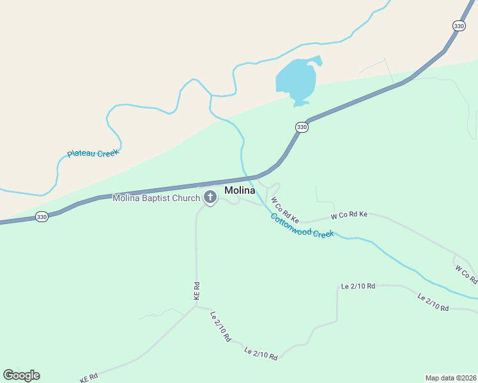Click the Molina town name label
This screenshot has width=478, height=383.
(240, 190)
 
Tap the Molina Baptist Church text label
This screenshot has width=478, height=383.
(157, 198)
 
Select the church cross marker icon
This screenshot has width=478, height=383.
(210, 197)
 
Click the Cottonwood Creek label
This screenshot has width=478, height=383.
(302, 225)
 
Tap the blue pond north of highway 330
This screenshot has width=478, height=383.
(297, 80)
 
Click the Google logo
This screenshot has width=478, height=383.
(21, 375)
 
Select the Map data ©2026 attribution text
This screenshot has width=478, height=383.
(451, 377)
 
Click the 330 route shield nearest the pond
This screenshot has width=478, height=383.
(302, 128)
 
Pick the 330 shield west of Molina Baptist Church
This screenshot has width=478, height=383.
(42, 216)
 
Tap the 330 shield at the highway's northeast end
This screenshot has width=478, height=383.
(459, 26)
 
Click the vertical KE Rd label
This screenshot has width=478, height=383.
(197, 290)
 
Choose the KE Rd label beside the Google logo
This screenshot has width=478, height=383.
(89, 378)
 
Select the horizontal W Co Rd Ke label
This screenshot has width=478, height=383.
(349, 214)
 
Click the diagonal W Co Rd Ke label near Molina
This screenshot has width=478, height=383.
(285, 209)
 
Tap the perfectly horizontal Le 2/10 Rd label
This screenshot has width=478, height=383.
(359, 286)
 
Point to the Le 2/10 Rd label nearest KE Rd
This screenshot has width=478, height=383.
(220, 326)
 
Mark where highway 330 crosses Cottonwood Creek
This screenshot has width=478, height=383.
(245, 177)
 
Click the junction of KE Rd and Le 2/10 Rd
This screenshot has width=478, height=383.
(196, 306)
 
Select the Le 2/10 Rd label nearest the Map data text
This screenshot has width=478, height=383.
(433, 303)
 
